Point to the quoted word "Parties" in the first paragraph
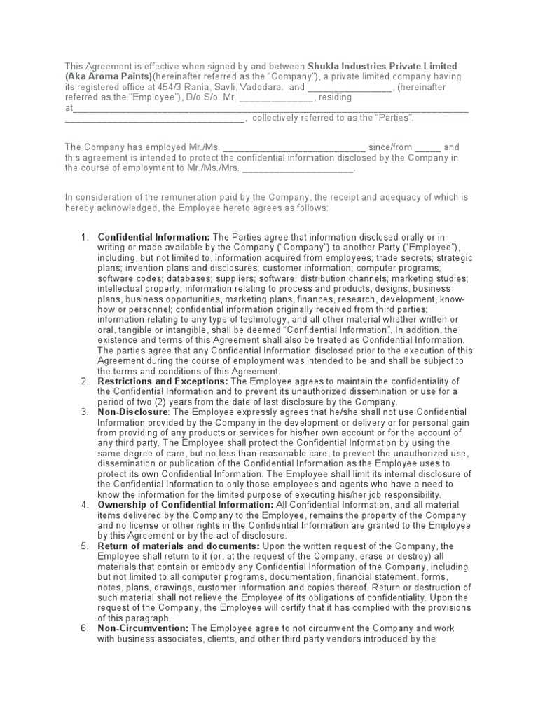[x=393, y=118]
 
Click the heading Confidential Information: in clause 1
[x=153, y=238]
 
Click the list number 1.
[x=84, y=238]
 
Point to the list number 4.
[x=84, y=505]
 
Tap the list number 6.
[x=84, y=629]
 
